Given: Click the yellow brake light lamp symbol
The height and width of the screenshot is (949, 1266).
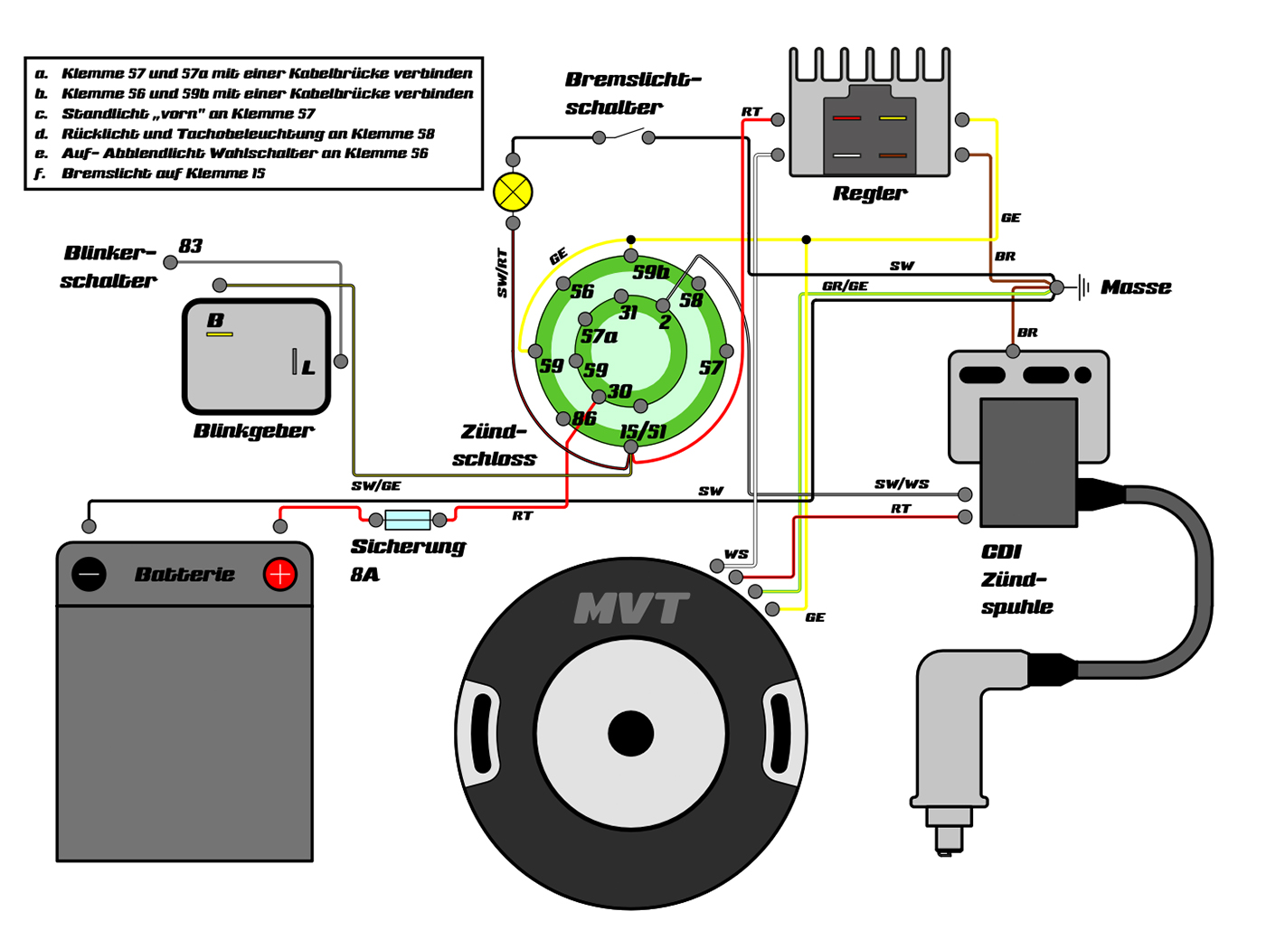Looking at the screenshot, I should click(x=513, y=192).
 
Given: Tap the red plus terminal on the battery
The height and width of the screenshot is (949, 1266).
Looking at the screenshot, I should click(x=280, y=574).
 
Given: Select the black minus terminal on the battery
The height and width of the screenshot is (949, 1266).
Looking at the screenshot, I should click(x=89, y=574).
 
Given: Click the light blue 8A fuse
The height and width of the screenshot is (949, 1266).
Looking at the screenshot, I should click(x=407, y=520).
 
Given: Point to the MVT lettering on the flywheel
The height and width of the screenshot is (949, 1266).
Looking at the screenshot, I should click(x=631, y=608).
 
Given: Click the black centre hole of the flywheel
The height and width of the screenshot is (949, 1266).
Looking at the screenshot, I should click(x=631, y=733).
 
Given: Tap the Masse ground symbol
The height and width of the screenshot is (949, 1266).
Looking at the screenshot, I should click(x=1083, y=288).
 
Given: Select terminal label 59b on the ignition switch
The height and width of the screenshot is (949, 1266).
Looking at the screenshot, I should click(x=650, y=272).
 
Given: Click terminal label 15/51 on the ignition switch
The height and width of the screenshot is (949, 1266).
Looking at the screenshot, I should click(x=643, y=431).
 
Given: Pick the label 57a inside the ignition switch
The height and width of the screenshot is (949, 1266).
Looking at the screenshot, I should click(x=599, y=337).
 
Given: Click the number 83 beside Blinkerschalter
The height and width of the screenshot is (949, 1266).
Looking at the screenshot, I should click(x=191, y=246).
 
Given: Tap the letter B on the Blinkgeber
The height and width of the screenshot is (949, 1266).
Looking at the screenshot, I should click(x=215, y=320).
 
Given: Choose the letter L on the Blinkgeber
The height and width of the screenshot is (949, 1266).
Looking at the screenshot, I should click(x=308, y=368).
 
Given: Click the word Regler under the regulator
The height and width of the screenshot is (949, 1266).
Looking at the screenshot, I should click(x=869, y=193).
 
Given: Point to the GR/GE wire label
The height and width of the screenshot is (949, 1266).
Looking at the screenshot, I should click(x=845, y=286).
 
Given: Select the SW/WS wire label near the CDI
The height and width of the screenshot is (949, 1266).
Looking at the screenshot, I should click(x=902, y=484).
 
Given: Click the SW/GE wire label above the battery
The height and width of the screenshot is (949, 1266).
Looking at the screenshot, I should click(x=376, y=485).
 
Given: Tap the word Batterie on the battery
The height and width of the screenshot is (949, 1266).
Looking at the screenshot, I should click(x=184, y=574).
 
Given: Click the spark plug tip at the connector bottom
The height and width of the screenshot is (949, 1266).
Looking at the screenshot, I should click(x=948, y=845).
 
